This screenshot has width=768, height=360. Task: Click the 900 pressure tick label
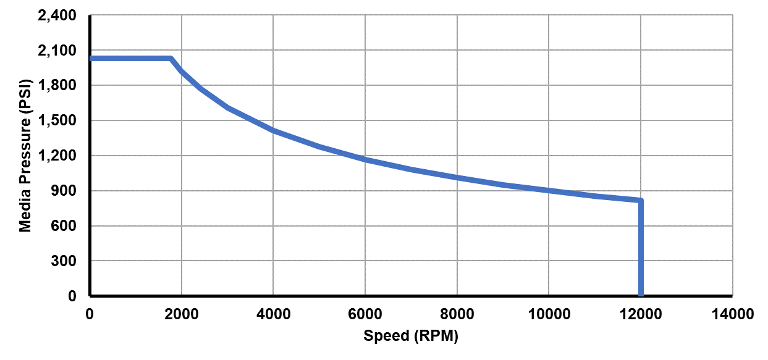(64, 191)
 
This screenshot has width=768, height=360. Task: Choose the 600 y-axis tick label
(64, 227)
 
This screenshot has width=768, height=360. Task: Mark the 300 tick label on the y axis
(64, 262)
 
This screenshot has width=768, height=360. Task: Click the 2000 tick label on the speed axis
(182, 314)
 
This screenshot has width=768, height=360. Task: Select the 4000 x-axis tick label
(273, 314)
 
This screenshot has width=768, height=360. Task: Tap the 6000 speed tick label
(365, 314)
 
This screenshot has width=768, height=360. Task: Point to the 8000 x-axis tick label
(457, 314)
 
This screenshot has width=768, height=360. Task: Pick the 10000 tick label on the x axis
(549, 314)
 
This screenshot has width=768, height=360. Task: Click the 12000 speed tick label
(641, 314)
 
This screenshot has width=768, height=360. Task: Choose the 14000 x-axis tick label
(732, 314)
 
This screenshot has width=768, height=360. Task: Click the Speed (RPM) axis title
(411, 337)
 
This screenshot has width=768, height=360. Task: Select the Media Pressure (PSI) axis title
(25, 156)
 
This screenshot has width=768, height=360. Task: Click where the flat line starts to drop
(171, 59)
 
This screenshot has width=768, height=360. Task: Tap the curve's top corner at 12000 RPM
(641, 200)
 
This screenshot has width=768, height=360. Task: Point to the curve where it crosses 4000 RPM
(273, 131)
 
